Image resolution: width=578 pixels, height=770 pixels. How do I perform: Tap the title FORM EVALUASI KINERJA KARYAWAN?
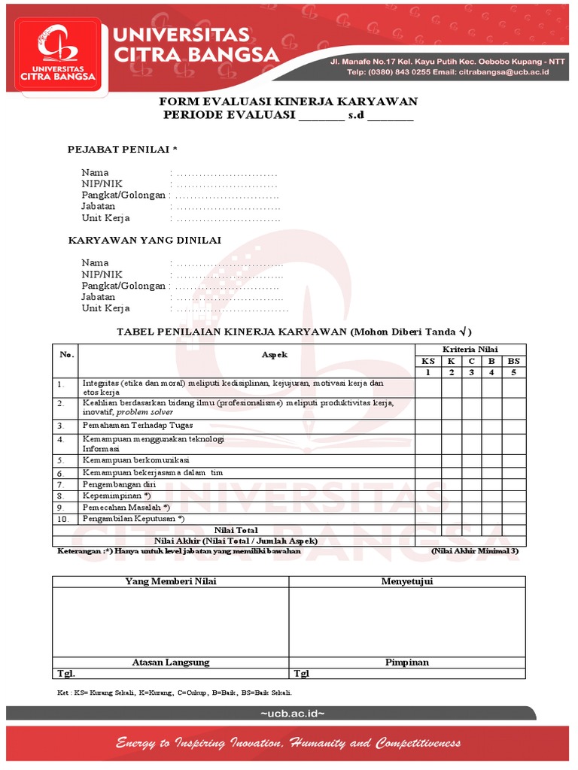click(288, 102)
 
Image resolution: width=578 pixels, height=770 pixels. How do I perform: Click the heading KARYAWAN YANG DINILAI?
click(144, 240)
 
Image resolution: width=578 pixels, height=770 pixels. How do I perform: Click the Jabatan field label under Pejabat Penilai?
click(99, 206)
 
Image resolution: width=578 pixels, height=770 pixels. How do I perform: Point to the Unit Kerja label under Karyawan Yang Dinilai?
click(105, 308)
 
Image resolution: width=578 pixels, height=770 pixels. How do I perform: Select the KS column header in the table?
click(427, 361)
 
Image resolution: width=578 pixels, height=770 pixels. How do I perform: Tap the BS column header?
click(514, 361)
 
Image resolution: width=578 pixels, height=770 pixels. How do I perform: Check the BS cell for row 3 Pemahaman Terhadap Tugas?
click(514, 426)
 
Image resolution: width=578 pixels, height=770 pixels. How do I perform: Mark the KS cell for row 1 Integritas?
click(427, 387)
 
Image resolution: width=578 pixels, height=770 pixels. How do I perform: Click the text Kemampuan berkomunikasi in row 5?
click(136, 459)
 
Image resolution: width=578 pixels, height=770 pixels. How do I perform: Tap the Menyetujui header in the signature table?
click(407, 581)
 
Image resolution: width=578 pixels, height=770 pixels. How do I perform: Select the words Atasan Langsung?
click(171, 662)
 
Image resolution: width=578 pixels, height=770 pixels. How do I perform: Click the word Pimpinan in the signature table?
click(407, 662)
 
